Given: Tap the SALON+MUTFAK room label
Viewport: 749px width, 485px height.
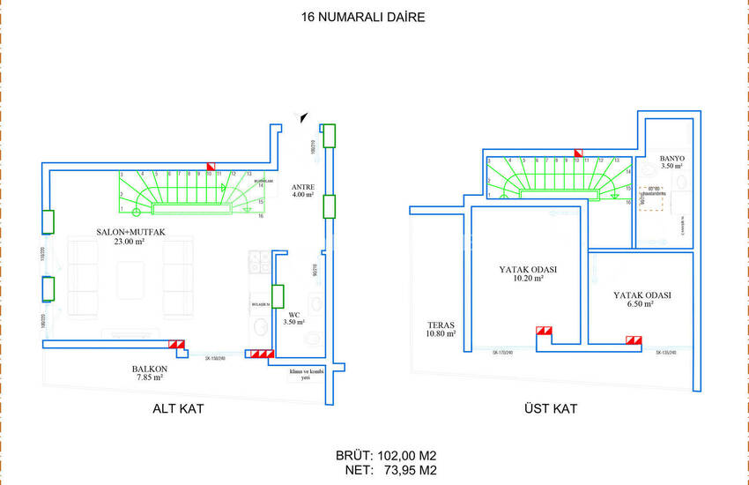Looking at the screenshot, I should [131, 232].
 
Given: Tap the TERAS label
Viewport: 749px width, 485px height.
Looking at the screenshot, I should [440, 324].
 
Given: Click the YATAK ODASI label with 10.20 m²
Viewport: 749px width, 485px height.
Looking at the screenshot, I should [529, 270].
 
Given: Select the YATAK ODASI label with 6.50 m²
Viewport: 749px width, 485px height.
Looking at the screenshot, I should [642, 295].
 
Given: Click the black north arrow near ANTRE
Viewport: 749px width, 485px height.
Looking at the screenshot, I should [304, 116].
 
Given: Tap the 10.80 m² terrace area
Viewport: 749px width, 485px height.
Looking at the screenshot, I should [440, 333].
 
